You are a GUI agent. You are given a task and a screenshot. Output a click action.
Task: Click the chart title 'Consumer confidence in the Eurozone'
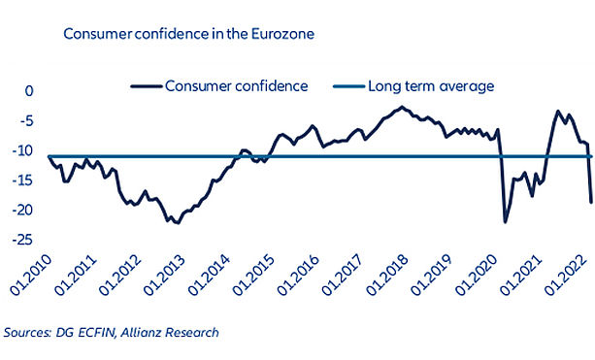coord(189,34)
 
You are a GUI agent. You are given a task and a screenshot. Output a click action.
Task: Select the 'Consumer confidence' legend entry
coord(219,86)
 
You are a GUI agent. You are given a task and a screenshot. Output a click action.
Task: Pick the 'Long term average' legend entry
coord(413,86)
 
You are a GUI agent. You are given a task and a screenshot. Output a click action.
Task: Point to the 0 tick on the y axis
coord(29,91)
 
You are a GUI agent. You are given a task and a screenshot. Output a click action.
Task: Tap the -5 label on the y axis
coord(25,121)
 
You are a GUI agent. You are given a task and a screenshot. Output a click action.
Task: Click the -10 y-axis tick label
coord(22,151)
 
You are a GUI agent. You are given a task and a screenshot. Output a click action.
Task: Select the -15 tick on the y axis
coord(22,180)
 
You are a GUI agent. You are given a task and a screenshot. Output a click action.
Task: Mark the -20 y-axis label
coord(22,211)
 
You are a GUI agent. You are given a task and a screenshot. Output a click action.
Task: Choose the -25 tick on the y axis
coord(22,240)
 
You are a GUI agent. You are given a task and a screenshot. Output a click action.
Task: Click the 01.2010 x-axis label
coord(30,275)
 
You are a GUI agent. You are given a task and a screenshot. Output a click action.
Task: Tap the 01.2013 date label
coord(164,275)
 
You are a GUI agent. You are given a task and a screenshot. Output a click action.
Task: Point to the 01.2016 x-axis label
coord(298,275)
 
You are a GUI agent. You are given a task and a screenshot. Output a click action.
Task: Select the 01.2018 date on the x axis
coord(387,275)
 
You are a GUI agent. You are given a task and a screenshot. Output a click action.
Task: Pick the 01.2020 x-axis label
coord(477,275)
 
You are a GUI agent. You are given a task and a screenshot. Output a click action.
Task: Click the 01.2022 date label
coord(566,275)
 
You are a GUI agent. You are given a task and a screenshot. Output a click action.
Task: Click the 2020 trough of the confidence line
coord(505,222)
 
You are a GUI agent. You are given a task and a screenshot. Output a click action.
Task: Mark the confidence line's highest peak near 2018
coord(402,108)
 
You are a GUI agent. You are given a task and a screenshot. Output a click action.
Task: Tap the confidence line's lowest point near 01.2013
coord(178,223)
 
